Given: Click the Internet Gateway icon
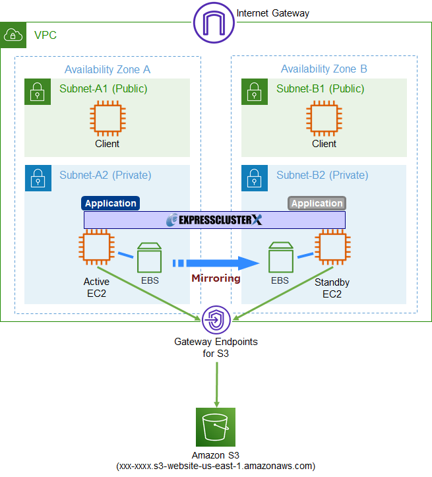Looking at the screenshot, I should pyautogui.click(x=214, y=23).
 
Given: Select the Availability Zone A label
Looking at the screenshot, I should pyautogui.click(x=108, y=69).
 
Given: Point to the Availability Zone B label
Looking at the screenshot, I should pyautogui.click(x=324, y=69).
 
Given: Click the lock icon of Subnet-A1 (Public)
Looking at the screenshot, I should pyautogui.click(x=38, y=92).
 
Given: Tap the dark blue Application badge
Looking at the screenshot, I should pyautogui.click(x=111, y=203).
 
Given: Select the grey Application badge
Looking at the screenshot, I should pyautogui.click(x=317, y=203).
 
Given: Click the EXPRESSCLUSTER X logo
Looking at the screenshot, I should pyautogui.click(x=214, y=220).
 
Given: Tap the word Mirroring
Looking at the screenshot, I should pyautogui.click(x=216, y=278).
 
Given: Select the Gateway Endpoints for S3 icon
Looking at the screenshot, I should pyautogui.click(x=216, y=320).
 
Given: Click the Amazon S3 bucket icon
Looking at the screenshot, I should pyautogui.click(x=216, y=428).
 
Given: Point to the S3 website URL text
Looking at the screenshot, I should pyautogui.click(x=216, y=466).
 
